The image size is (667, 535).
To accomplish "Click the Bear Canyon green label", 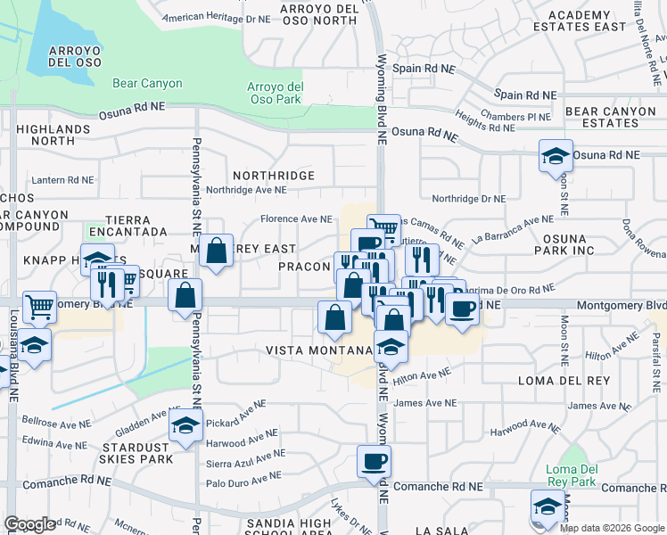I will click(147, 84).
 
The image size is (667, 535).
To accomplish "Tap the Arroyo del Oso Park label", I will click(275, 93).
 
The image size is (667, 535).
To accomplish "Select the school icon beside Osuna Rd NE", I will click(556, 155).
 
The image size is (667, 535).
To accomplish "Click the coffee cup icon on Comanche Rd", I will click(374, 461).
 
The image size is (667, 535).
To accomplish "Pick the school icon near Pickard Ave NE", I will click(186, 429).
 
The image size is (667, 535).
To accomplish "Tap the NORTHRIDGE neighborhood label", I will click(273, 176).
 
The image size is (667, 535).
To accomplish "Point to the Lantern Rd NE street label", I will click(62, 179).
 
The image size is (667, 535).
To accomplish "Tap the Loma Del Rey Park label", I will click(571, 475).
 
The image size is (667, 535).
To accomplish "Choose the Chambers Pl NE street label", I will click(516, 117).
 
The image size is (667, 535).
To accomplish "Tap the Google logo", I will click(30, 524).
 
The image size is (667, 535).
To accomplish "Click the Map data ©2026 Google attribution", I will click(613, 528).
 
